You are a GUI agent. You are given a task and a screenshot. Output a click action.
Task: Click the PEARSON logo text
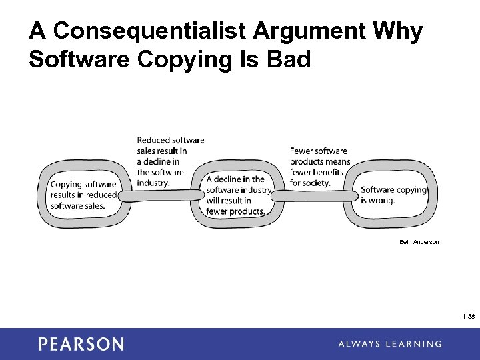pyautogui.click(x=81, y=344)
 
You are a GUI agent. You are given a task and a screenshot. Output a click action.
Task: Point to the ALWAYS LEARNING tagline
pyautogui.click(x=389, y=344)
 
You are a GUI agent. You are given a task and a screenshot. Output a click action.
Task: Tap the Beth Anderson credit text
pyautogui.click(x=419, y=242)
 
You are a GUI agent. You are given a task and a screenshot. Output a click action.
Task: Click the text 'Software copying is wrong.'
pyautogui.click(x=393, y=195)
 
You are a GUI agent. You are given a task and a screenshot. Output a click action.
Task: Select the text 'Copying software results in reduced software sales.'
pyautogui.click(x=83, y=195)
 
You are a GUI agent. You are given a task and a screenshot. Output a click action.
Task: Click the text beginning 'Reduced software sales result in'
pyautogui.click(x=170, y=161)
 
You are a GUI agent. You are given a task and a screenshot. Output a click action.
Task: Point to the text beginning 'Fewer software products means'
pyautogui.click(x=319, y=167)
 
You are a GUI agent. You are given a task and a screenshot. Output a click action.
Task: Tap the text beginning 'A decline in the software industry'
pyautogui.click(x=239, y=195)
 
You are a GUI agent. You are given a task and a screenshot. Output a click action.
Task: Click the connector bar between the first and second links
pyautogui.click(x=160, y=196)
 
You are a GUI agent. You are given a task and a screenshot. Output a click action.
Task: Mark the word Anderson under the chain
pyautogui.click(x=427, y=242)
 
